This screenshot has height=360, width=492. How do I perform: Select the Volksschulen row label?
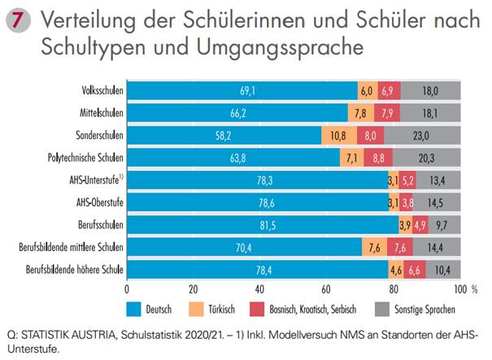coord(101,91)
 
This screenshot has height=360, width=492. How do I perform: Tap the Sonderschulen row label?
coord(96,136)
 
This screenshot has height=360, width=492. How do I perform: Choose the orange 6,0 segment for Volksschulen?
coord(367,91)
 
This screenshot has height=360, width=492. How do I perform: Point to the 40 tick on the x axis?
coord(260,288)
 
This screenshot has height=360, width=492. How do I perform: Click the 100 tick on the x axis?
coord(459,288)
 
